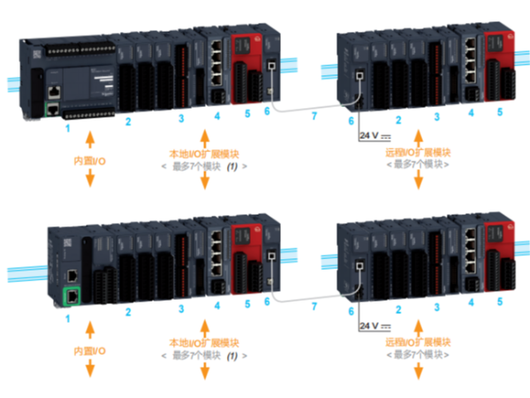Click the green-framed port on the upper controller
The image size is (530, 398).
click(53, 109)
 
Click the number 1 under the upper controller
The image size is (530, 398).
click(67, 129)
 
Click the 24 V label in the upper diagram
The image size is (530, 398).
click(375, 135)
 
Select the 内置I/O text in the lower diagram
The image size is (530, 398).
click(89, 351)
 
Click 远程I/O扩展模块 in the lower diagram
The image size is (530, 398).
click(418, 341)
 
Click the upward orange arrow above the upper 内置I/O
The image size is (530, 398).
click(89, 142)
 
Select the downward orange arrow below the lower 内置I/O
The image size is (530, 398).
click(89, 370)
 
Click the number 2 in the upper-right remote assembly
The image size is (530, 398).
click(398, 119)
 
